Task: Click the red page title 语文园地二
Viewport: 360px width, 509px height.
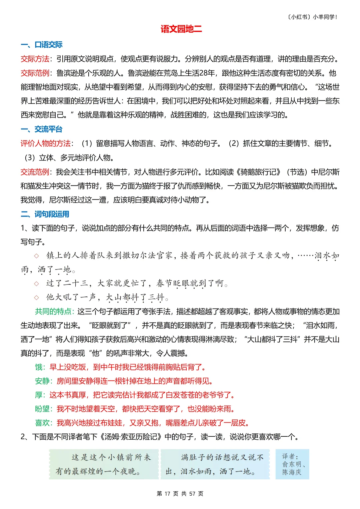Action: coord(181,29)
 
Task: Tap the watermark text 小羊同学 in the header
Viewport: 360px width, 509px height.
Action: coord(325,17)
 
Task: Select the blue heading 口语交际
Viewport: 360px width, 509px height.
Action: coord(48,45)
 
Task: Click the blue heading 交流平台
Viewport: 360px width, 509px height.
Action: coord(48,129)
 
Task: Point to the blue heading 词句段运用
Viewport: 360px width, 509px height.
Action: coord(52,214)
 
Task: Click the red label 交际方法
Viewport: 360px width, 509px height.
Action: coord(35,59)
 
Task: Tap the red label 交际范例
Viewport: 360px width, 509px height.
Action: coord(35,73)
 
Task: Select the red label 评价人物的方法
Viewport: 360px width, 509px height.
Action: coord(45,143)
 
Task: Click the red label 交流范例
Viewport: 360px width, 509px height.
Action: coord(35,172)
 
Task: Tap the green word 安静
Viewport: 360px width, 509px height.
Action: coord(42,381)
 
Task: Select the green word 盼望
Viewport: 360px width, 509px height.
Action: coord(42,409)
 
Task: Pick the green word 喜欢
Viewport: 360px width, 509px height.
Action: coord(42,423)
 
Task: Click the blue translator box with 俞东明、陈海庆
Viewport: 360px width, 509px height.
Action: coord(292,464)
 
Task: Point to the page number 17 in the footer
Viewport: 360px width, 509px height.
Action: coord(167,494)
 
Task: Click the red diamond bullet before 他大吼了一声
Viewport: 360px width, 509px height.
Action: coord(36,297)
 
